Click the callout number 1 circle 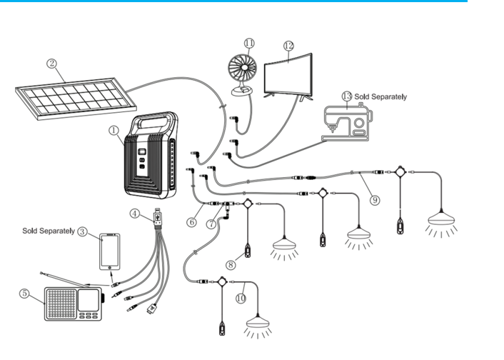pos(114,131)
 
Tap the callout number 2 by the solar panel pos(51,63)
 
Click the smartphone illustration pos(109,251)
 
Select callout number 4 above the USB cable pos(135,213)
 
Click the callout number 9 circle pos(375,200)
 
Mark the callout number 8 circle pos(231,265)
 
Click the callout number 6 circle pos(192,222)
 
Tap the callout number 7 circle pos(213,224)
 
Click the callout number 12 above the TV pos(288,45)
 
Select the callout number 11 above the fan pos(248,42)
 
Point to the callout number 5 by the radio pos(24,292)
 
